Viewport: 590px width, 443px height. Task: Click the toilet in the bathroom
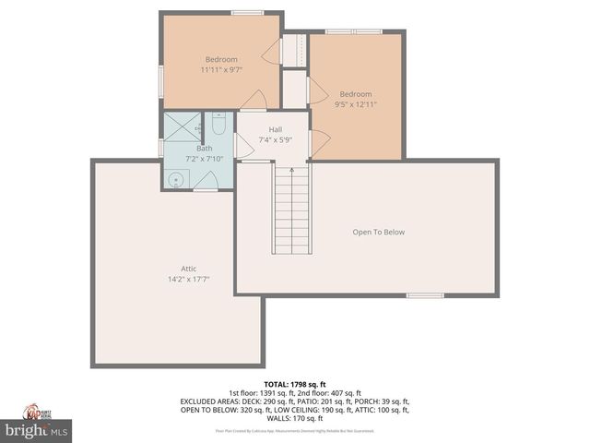218,123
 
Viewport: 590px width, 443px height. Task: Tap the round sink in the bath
174,179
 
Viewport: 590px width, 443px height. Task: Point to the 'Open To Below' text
378,232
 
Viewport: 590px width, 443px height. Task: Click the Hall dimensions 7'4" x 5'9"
275,138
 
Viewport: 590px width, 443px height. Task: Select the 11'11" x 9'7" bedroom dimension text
220,69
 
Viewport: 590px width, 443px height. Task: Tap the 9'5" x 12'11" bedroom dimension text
355,103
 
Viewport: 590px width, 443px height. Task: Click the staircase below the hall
292,208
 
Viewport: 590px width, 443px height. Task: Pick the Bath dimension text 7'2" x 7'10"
204,158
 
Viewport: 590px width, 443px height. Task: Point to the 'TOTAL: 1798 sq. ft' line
295,383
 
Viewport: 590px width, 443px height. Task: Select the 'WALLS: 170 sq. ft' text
295,419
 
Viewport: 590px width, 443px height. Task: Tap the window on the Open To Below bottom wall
425,296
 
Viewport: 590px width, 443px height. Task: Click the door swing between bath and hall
243,146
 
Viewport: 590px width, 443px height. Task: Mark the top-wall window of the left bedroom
245,13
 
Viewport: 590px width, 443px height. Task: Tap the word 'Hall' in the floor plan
275,129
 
